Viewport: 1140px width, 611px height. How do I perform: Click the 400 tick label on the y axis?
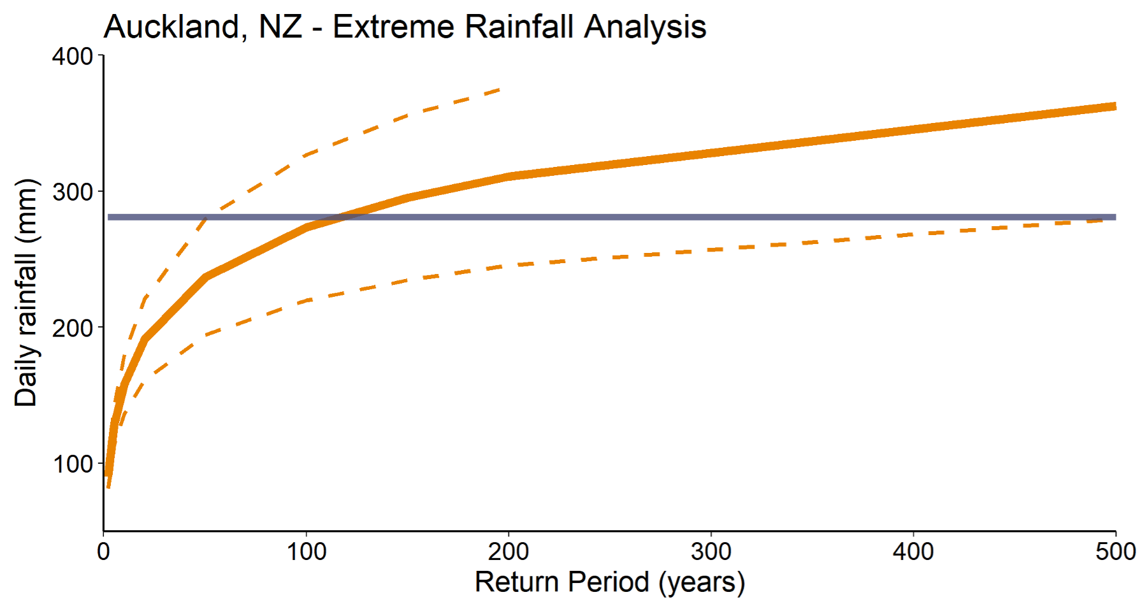pyautogui.click(x=73, y=56)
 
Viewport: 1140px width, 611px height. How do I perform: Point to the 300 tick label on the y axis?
pyautogui.click(x=73, y=192)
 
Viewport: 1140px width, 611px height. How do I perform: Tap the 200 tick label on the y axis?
pyautogui.click(x=73, y=328)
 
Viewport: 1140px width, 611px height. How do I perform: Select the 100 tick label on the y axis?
pyautogui.click(x=73, y=464)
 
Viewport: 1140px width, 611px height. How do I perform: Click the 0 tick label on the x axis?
pyautogui.click(x=103, y=552)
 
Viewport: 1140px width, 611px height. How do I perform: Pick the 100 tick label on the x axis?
pyautogui.click(x=306, y=552)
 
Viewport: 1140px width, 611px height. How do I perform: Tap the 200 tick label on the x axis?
pyautogui.click(x=509, y=552)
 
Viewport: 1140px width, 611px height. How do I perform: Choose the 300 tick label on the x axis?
pyautogui.click(x=711, y=552)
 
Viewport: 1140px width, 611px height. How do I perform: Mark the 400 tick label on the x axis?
pyautogui.click(x=913, y=552)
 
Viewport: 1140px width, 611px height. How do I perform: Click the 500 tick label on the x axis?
pyautogui.click(x=1115, y=552)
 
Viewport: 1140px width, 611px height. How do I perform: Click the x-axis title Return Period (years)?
pyautogui.click(x=610, y=582)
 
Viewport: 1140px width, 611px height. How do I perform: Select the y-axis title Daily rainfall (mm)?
pyautogui.click(x=26, y=293)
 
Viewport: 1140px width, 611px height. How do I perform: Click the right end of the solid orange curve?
pyautogui.click(x=1115, y=106)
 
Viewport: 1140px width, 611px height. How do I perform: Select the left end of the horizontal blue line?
pyautogui.click(x=109, y=217)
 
